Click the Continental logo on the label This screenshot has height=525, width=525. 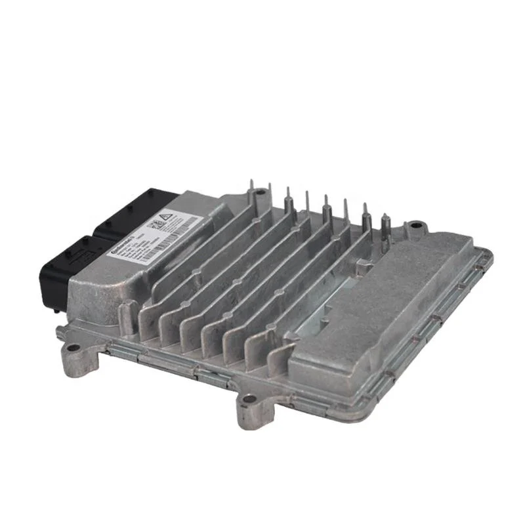(x=122, y=243)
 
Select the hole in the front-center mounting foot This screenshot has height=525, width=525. (x=249, y=398)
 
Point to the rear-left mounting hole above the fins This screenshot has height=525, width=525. (x=261, y=192)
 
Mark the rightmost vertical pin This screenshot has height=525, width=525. (x=385, y=226)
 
